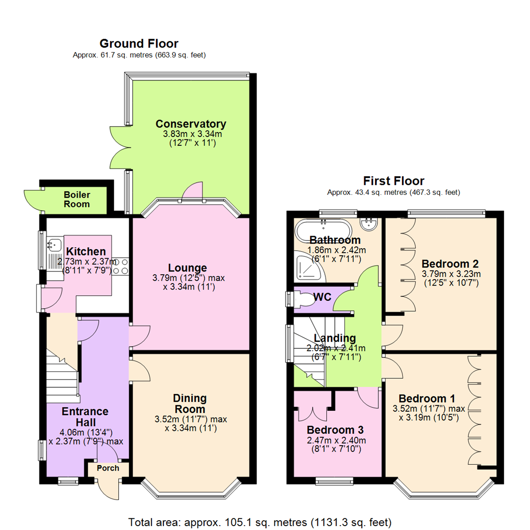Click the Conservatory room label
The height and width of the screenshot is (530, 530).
191,124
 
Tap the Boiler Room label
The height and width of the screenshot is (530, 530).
77,199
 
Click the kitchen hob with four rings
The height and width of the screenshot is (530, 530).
121,265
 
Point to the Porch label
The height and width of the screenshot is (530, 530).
107,468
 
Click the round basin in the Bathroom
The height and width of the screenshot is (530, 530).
369,224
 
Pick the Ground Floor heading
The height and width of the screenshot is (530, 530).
139,44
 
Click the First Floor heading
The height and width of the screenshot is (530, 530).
394,181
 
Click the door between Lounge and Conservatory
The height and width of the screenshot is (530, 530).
192,192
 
